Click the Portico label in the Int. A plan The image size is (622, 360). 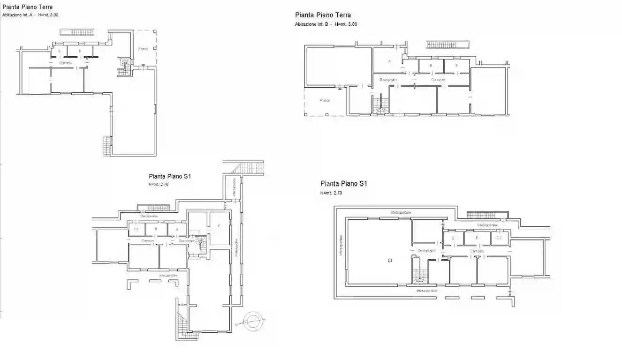click(x=143, y=49)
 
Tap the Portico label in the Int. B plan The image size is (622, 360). click(x=325, y=100)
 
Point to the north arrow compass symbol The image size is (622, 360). click(x=253, y=322)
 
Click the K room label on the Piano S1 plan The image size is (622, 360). click(x=219, y=226)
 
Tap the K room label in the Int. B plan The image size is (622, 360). click(x=389, y=61)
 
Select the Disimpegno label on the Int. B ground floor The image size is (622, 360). click(x=388, y=80)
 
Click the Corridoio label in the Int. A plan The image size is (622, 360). click(x=66, y=63)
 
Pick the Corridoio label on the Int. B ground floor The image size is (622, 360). click(x=439, y=80)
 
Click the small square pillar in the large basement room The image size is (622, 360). click(x=390, y=260)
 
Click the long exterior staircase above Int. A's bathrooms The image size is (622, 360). click(x=77, y=32)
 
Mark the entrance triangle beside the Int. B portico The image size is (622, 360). click(x=339, y=87)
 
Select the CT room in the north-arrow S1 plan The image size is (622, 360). click(x=136, y=229)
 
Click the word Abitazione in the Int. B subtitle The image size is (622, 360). click(x=306, y=24)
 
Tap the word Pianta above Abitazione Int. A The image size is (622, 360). click(x=11, y=7)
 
